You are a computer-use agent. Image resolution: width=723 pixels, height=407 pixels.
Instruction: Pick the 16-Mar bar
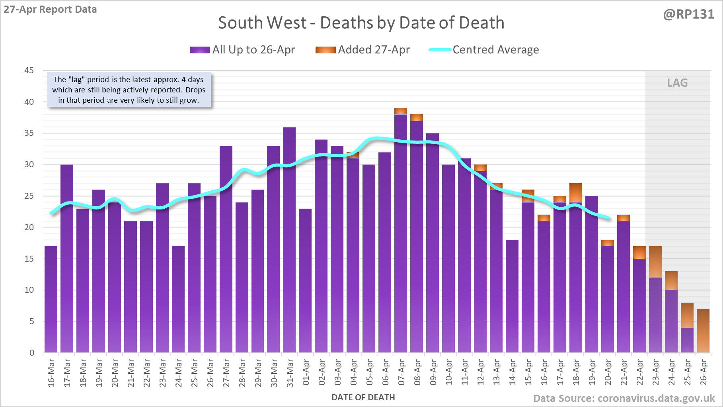tap(51, 299)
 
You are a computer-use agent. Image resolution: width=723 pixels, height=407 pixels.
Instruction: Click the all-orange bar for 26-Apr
tap(703, 331)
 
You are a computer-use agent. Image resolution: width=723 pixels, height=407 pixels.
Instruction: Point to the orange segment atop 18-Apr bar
tap(576, 193)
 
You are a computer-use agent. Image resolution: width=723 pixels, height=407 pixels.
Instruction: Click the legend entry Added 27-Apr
tap(362, 50)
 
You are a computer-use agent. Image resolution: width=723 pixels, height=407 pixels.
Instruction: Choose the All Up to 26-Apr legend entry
tap(242, 50)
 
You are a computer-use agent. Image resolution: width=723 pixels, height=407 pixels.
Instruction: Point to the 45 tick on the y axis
tap(29, 70)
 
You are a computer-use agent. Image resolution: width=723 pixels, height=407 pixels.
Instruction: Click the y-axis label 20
tap(29, 227)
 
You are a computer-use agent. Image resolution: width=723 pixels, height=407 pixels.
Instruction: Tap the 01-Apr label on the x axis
tap(306, 372)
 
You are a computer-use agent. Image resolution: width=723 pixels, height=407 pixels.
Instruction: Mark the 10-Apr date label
tap(449, 372)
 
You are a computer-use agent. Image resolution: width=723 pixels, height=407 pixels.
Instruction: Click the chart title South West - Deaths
tap(361, 23)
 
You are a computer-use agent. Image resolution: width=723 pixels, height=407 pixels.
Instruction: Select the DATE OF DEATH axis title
tap(363, 397)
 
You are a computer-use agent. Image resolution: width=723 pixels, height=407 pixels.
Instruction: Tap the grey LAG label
tap(677, 83)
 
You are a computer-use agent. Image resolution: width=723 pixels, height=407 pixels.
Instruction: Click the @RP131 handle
tap(688, 14)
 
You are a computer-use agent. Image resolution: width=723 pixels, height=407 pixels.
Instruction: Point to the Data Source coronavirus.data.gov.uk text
tap(624, 398)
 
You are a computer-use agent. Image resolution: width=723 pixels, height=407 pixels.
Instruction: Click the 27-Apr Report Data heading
tap(51, 9)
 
